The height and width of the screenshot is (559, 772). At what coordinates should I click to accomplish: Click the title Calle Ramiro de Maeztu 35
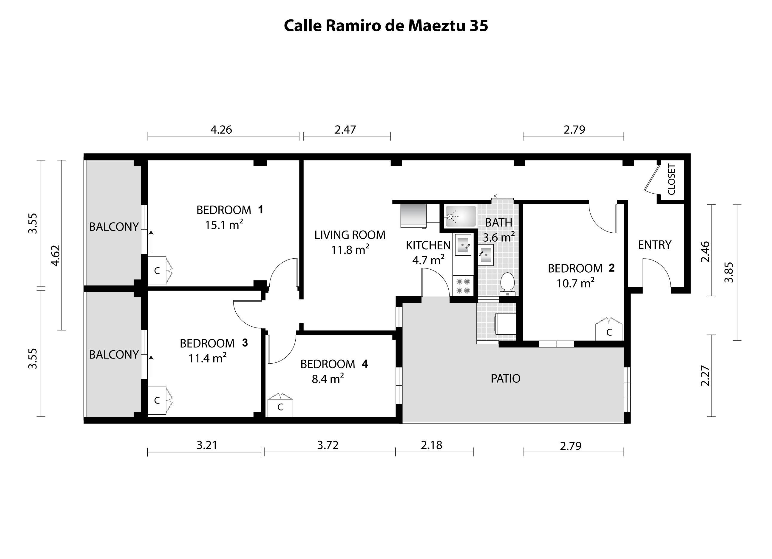click(x=386, y=26)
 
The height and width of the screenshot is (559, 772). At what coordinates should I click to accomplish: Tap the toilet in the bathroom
click(x=507, y=284)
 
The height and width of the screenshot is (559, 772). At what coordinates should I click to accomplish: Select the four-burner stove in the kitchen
click(x=463, y=286)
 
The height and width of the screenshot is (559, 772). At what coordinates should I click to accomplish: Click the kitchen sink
click(x=463, y=244)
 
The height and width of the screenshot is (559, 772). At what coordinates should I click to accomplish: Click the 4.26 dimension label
click(x=221, y=130)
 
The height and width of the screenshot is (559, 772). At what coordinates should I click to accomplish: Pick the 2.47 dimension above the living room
click(x=345, y=130)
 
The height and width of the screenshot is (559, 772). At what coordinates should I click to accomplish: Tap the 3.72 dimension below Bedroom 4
click(x=328, y=445)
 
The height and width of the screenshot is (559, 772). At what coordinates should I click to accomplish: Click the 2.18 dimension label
click(x=432, y=445)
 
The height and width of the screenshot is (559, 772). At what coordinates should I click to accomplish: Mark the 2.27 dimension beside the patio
click(x=705, y=376)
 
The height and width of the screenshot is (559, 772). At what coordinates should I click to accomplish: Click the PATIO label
click(x=506, y=379)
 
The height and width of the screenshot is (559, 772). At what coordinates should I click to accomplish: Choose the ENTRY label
click(x=654, y=245)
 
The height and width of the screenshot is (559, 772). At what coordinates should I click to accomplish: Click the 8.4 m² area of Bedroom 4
click(x=328, y=379)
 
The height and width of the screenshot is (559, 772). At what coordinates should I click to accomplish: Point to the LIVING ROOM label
click(x=350, y=235)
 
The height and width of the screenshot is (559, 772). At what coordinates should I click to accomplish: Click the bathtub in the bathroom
click(x=461, y=216)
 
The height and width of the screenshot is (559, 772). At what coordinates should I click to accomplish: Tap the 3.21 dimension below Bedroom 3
click(x=207, y=445)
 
